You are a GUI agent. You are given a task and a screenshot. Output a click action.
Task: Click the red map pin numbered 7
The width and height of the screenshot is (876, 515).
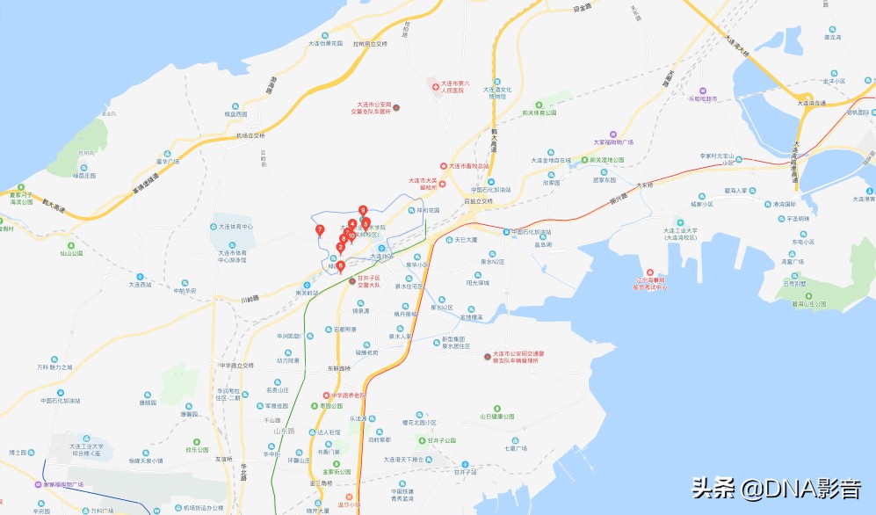(x=320, y=230)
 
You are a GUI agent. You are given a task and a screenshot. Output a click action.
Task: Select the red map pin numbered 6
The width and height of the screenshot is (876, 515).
(x=341, y=265)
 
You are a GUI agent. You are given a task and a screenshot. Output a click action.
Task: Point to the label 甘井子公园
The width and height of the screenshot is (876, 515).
(x=436, y=440)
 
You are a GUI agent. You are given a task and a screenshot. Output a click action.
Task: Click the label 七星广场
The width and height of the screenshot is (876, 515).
(x=516, y=448)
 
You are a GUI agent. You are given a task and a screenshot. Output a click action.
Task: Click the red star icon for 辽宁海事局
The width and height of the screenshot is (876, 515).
(x=650, y=272)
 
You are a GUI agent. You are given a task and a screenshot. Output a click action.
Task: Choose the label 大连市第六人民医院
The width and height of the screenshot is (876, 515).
(x=457, y=86)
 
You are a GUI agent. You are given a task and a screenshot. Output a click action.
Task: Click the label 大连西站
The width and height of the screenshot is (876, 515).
(x=141, y=285)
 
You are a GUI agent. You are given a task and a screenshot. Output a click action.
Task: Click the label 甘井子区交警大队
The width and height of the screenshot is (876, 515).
(x=368, y=282)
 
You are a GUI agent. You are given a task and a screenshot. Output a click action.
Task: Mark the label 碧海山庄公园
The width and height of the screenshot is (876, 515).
(x=809, y=304)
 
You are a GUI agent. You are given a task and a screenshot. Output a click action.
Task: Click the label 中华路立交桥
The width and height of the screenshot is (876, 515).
(x=235, y=365)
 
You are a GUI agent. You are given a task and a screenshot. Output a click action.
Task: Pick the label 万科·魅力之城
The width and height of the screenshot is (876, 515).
(x=54, y=366)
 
